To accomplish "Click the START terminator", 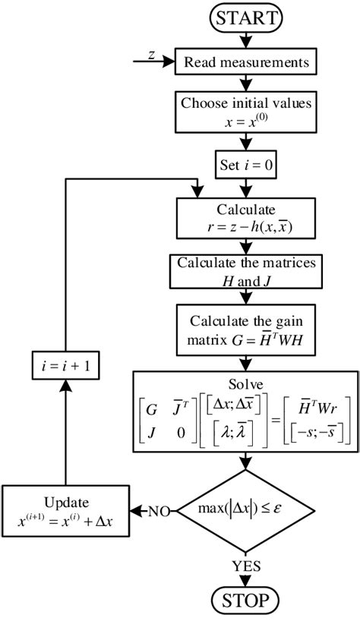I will [245, 17].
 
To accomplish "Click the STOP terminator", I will [245, 601].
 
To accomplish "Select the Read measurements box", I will [245, 62].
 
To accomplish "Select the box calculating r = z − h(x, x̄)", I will [245, 218].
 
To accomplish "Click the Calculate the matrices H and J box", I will [245, 271].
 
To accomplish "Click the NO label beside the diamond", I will [157, 510].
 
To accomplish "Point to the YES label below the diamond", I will [245, 566].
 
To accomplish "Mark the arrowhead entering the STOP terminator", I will [245, 583].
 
